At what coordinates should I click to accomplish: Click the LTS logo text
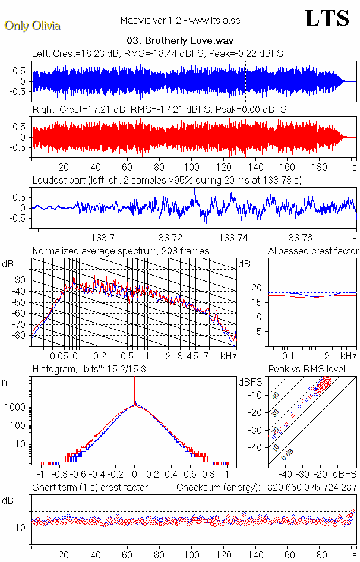(326, 19)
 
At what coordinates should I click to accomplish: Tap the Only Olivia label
(33, 26)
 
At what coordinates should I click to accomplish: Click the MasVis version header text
(180, 20)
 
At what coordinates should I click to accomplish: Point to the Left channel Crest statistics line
(157, 53)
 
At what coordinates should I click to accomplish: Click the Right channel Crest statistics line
(159, 110)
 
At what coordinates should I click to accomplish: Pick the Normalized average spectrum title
(121, 251)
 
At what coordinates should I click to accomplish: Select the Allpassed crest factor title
(313, 251)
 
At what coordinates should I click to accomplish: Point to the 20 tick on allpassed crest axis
(257, 288)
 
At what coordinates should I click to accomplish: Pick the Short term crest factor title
(90, 487)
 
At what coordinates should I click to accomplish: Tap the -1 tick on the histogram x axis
(40, 475)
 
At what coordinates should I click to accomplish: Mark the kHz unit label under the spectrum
(229, 356)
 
